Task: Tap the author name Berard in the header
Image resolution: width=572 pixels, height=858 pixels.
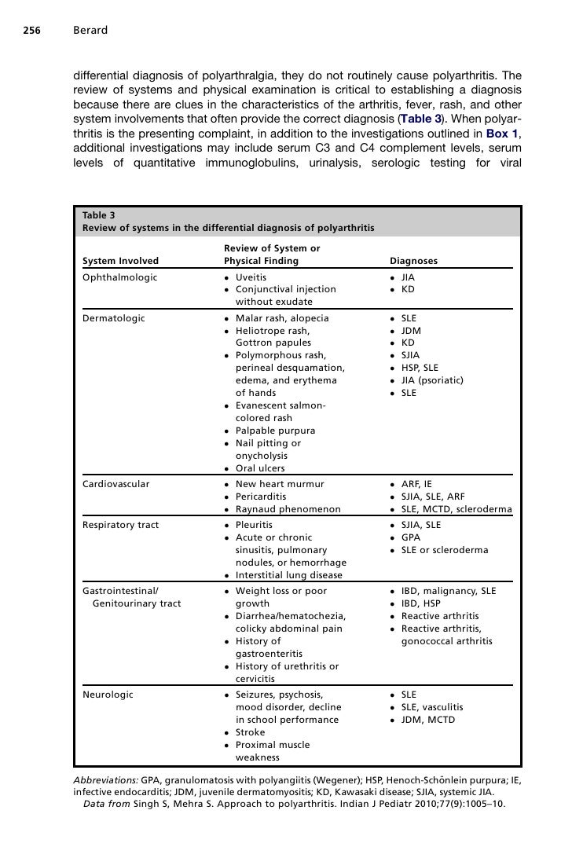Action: [90, 31]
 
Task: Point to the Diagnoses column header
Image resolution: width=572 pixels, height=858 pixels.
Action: [413, 261]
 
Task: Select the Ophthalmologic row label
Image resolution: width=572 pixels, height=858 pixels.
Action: [119, 277]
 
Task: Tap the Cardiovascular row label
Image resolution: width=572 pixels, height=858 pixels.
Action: [115, 484]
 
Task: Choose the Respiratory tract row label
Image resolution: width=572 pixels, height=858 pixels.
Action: [120, 525]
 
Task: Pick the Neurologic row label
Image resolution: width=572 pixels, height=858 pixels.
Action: [108, 695]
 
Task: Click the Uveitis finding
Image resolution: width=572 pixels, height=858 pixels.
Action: [251, 277]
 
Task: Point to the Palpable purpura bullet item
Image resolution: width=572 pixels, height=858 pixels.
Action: [275, 431]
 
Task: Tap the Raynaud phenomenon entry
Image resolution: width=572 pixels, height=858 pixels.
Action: [288, 509]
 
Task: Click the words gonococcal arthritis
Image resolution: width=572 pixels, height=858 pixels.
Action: [446, 641]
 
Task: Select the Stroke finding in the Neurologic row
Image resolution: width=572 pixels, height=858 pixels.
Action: [251, 732]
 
